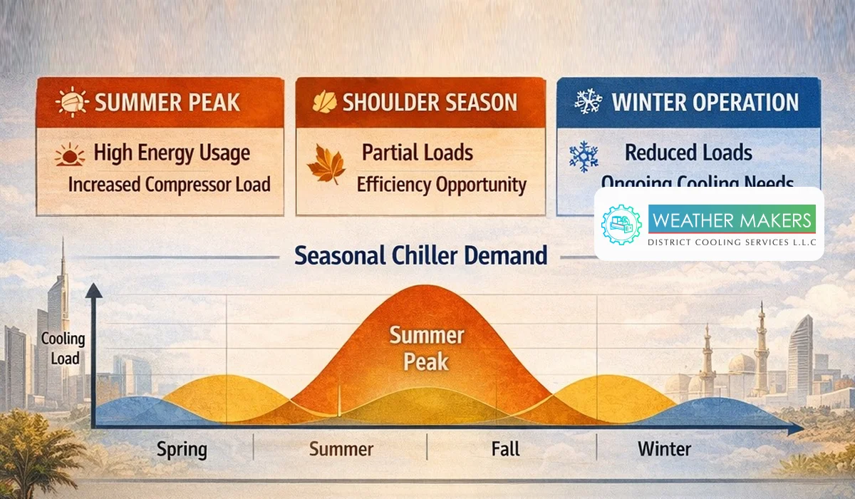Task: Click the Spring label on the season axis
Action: coord(182,450)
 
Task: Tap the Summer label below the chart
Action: coord(341,449)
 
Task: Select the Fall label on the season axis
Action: coord(505,449)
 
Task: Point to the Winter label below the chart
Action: coord(664,449)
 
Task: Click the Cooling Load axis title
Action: coord(63,349)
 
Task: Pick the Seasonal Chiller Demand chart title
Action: coord(421,255)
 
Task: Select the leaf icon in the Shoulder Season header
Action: coord(325,102)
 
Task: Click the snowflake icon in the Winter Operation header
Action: coord(589,102)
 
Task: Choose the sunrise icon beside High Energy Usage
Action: coord(71,155)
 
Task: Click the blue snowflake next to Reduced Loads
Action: coord(584,157)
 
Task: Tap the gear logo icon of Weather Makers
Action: coord(621,225)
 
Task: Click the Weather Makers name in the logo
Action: coord(732,220)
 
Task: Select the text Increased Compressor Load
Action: coord(169,185)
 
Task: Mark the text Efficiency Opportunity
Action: coord(441,185)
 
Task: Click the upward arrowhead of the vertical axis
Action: coord(93,290)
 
